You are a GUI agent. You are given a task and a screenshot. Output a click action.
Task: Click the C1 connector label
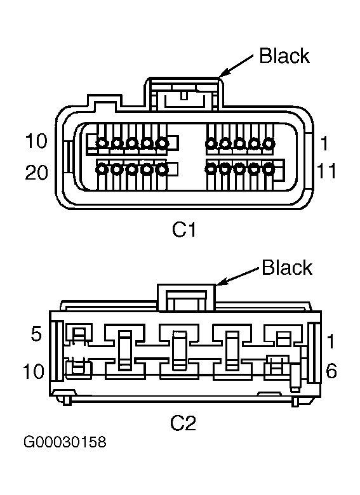coord(183,229)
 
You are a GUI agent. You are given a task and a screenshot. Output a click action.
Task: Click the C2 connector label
coord(183,423)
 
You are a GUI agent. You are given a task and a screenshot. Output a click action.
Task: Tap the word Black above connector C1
coord(284,56)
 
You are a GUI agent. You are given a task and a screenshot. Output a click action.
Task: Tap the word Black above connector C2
coord(287,268)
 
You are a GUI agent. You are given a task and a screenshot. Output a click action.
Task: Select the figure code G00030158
coord(65,442)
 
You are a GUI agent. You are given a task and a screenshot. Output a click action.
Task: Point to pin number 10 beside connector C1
coord(36,141)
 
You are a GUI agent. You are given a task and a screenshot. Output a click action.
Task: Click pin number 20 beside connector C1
coord(37,173)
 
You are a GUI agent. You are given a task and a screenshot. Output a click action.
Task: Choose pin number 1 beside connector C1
coord(324,143)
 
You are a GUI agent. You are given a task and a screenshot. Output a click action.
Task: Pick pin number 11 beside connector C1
coord(326,171)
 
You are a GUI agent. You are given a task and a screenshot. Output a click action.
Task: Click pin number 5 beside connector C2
coord(36,334)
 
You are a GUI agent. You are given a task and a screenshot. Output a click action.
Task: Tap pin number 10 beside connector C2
coord(34,371)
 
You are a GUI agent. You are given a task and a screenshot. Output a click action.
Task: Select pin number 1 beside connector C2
coord(331,341)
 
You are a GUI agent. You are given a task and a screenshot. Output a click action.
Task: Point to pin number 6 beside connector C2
coord(331,371)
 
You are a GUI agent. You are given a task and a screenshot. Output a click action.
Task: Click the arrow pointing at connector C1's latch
coord(236,65)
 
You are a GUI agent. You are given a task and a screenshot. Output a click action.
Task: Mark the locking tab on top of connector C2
coord(186,298)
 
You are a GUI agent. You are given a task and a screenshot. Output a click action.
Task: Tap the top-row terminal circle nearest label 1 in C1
coord(269,143)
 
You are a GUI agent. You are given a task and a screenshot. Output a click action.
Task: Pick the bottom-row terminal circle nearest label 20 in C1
coord(102,169)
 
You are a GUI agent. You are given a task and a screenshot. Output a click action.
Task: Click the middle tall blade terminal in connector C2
coord(180,350)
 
